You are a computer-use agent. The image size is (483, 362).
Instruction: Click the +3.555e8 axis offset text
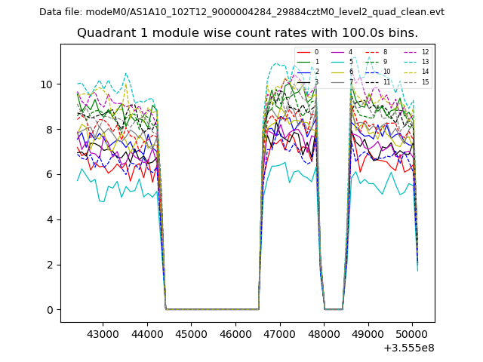(409, 348)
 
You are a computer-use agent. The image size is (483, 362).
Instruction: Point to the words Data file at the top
(60, 12)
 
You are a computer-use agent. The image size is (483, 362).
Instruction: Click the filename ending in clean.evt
(265, 12)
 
